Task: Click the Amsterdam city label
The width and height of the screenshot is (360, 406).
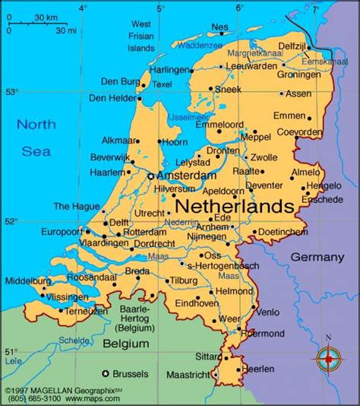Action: point(187,175)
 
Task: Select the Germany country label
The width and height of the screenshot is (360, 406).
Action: point(317,256)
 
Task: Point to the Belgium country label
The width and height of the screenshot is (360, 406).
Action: point(127,344)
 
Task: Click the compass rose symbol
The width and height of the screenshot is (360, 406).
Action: point(328,357)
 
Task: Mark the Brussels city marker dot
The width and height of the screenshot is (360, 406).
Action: point(106,373)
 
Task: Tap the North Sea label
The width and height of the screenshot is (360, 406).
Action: point(36,138)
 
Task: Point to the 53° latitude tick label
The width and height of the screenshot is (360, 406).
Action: point(11,92)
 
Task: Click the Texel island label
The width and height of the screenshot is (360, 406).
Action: point(163,84)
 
